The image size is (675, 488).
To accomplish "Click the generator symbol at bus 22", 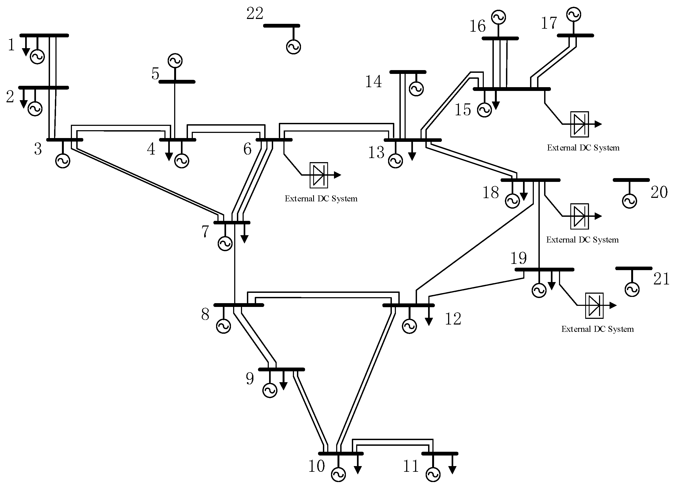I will click(293, 47).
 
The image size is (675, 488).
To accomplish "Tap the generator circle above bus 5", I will click(175, 61).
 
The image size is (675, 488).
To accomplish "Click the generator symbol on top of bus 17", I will click(574, 14).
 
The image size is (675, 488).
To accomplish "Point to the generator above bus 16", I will click(498, 17).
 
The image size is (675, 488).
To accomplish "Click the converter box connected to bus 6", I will click(319, 175).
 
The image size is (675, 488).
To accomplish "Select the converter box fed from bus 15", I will click(580, 124).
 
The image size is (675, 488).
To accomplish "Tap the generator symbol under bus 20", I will click(629, 201).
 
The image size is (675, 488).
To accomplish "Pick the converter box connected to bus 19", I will click(594, 306).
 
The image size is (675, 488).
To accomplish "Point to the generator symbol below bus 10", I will click(338, 474).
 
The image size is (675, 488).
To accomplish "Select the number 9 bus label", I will click(250, 379).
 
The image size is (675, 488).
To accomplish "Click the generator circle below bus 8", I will click(223, 326).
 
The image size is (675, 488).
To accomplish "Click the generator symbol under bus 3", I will click(63, 161).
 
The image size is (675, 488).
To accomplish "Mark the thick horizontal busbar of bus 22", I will click(282, 26).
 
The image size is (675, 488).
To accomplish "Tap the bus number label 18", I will click(491, 192).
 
